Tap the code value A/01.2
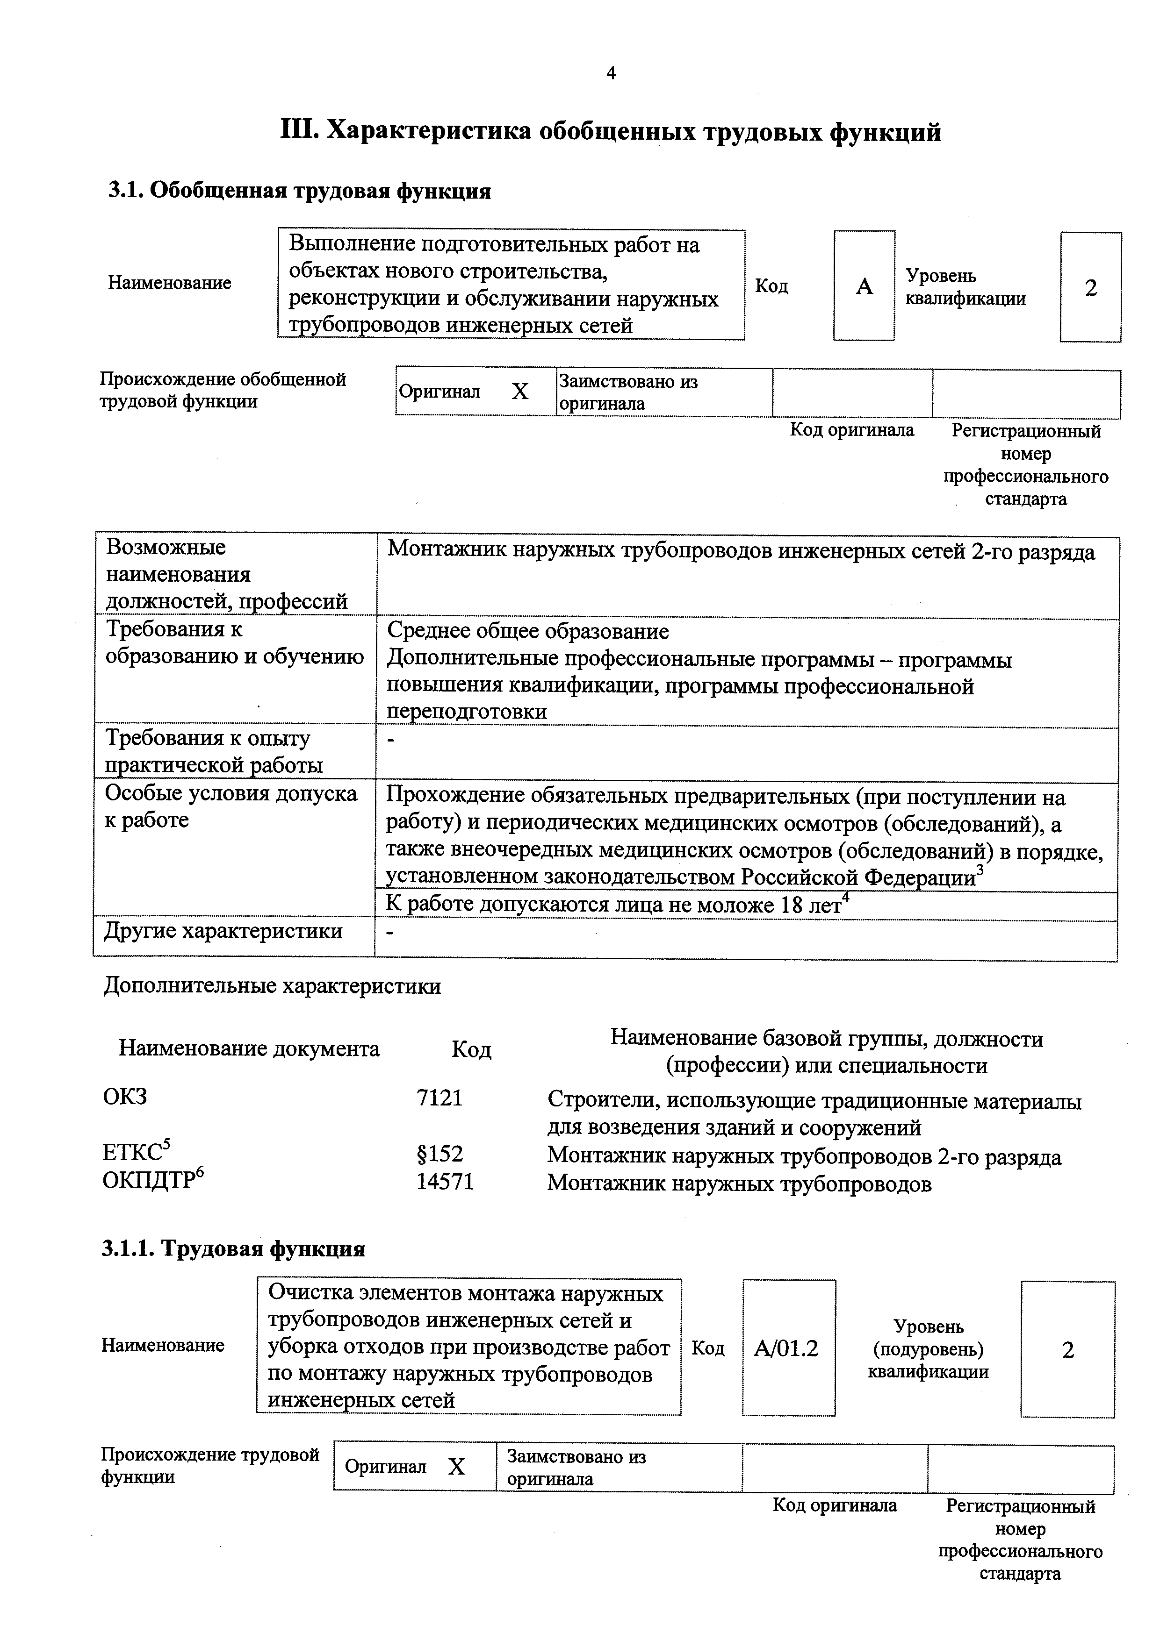pyautogui.click(x=787, y=1348)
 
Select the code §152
pyautogui.click(x=440, y=1154)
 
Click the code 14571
pyautogui.click(x=445, y=1182)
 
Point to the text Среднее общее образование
pyautogui.click(x=527, y=631)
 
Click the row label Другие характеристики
pyautogui.click(x=223, y=931)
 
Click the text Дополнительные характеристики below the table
pyautogui.click(x=272, y=986)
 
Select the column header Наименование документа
pyautogui.click(x=249, y=1048)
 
